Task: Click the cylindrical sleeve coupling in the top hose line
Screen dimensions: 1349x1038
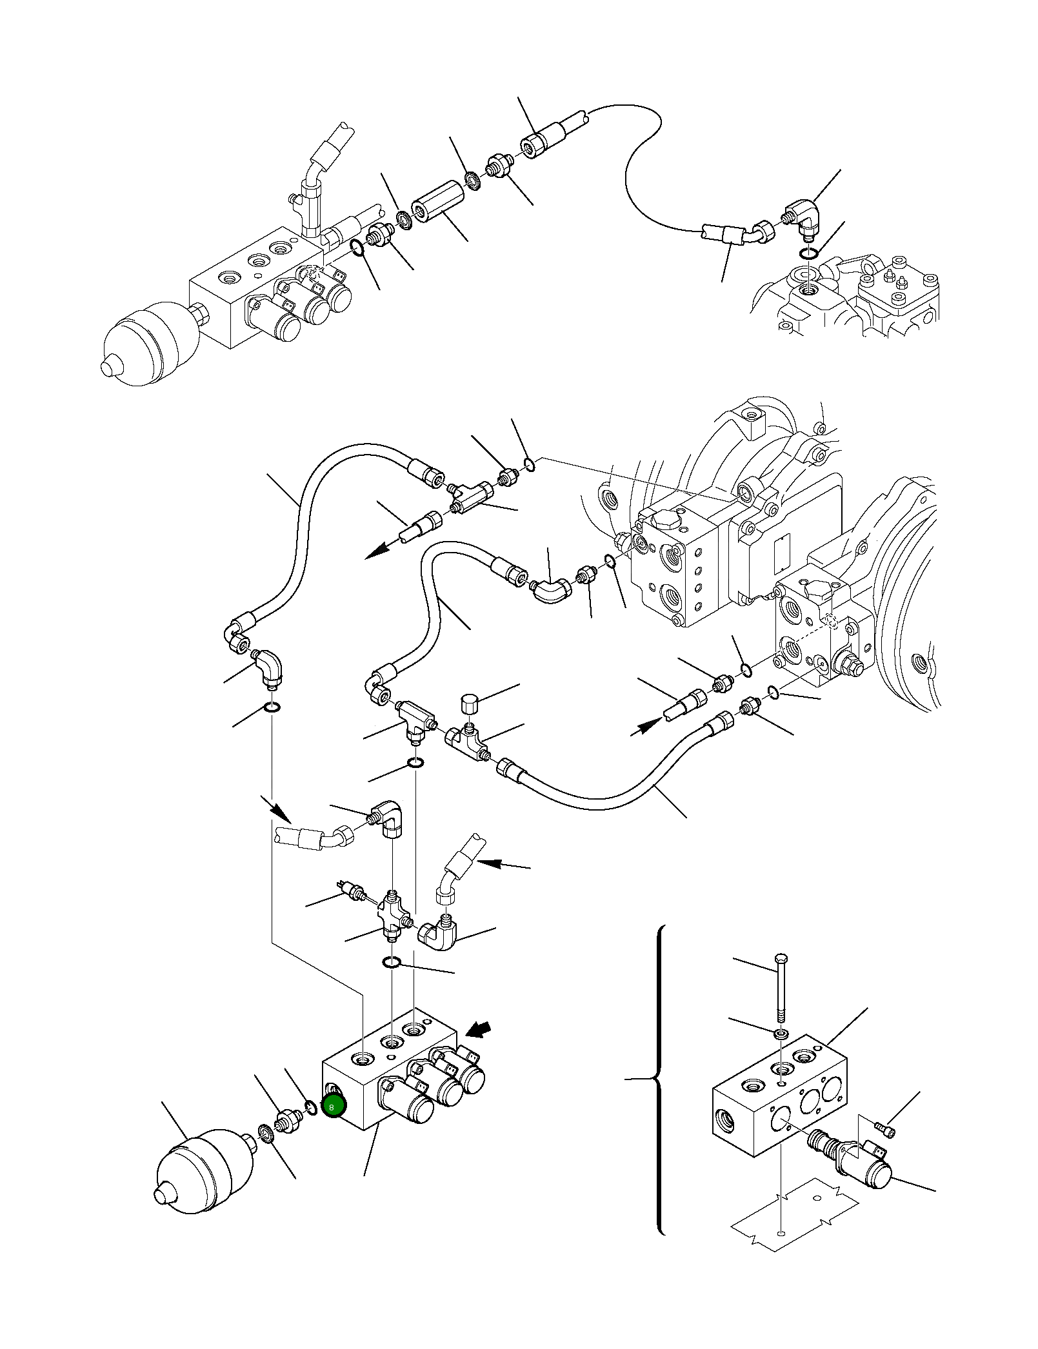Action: click(431, 202)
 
